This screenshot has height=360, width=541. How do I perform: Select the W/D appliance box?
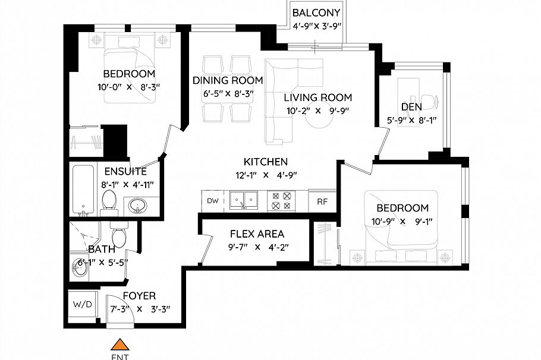(83, 305)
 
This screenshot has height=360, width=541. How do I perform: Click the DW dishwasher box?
(212, 201)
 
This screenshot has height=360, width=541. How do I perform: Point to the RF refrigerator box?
(322, 201)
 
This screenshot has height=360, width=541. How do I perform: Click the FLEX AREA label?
(257, 234)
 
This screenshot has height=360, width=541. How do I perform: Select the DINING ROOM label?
(227, 80)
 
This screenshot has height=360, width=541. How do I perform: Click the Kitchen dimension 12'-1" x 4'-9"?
(266, 175)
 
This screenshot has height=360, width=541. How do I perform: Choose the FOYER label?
(139, 296)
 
